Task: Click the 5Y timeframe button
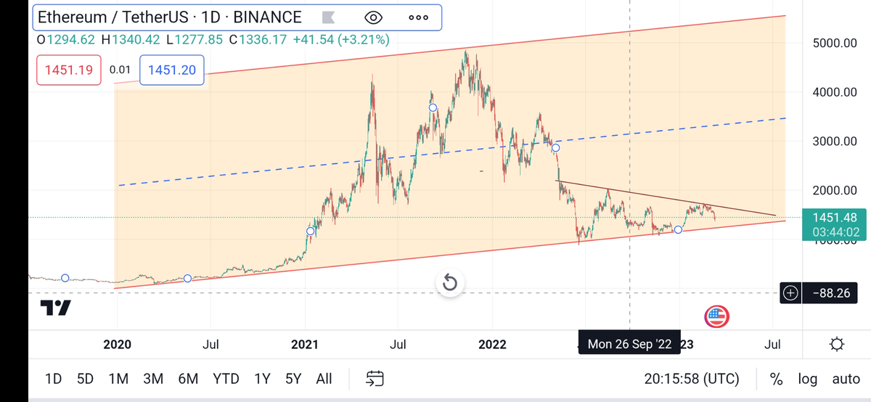pos(293,378)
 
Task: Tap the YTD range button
pos(226,378)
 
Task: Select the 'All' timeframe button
pos(324,378)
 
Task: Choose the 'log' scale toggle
pos(807,378)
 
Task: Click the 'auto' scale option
pos(846,378)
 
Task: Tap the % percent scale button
pos(776,378)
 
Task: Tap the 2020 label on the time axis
pos(118,343)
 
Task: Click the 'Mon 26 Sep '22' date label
pos(629,343)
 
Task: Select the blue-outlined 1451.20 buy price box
pos(172,70)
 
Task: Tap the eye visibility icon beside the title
pos(373,17)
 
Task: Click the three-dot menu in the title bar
pos(418,17)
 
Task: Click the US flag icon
pos(716,316)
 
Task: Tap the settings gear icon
pos(836,343)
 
